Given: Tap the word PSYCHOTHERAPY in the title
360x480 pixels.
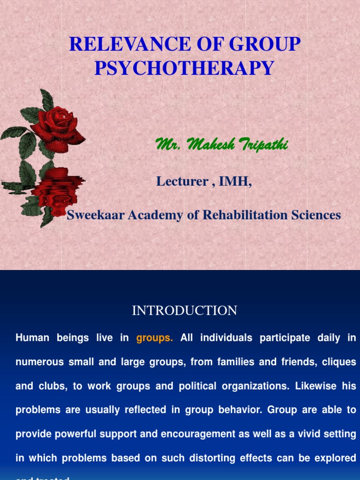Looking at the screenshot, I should (184, 68).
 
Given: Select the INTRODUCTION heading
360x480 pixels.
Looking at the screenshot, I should (185, 310).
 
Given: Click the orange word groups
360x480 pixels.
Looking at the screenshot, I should (155, 338).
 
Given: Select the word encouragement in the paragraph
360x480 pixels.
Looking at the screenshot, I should (192, 434).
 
